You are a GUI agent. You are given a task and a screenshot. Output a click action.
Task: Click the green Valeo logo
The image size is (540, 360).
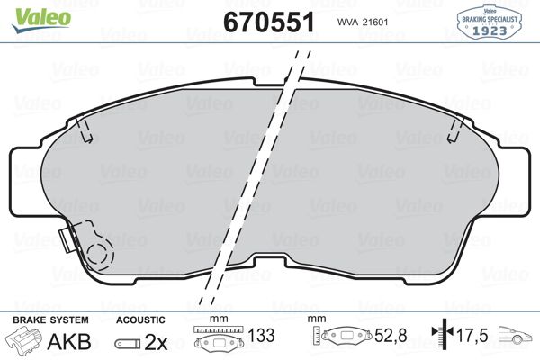pyautogui.click(x=41, y=20)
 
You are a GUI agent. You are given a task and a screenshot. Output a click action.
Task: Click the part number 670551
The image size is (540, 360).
pyautogui.click(x=269, y=22)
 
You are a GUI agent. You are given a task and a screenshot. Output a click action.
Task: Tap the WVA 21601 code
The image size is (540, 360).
pyautogui.click(x=363, y=22)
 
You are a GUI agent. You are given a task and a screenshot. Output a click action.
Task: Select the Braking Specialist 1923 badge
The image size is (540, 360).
pyautogui.click(x=489, y=22)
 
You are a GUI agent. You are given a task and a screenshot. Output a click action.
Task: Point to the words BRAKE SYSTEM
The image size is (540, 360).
pyautogui.click(x=50, y=319)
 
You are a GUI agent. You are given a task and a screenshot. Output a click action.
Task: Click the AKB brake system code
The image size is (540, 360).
pyautogui.click(x=69, y=341)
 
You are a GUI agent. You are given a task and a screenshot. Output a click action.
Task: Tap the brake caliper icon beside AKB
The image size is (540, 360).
pyautogui.click(x=24, y=338)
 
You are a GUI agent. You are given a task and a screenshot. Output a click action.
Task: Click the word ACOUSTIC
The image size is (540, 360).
pyautogui.click(x=140, y=319)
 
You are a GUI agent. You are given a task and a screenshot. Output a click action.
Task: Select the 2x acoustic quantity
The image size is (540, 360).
pyautogui.click(x=156, y=342)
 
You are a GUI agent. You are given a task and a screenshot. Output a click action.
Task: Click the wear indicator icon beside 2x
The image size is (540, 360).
pyautogui.click(x=128, y=344)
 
